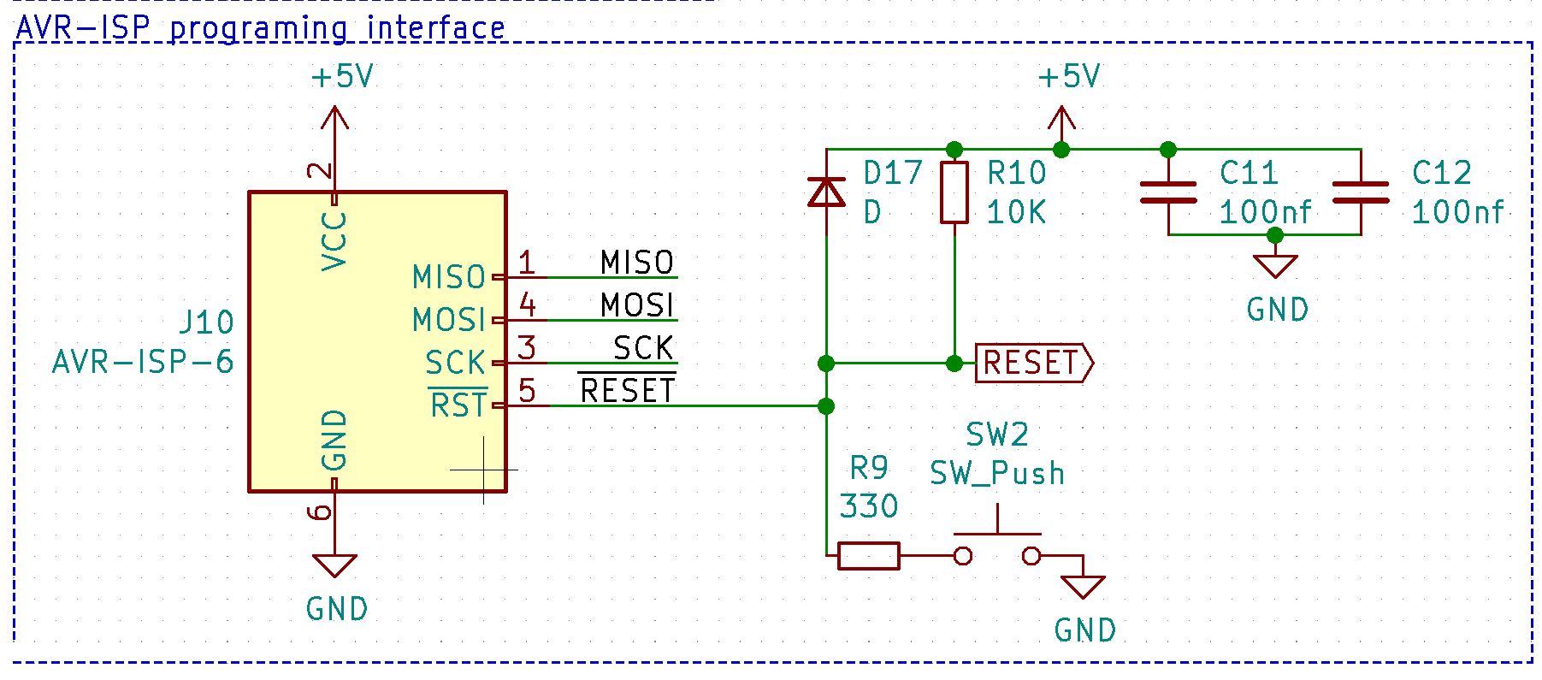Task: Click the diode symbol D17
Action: coord(826,192)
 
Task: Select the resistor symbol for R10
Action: coord(954,192)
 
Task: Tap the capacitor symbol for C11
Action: coord(1168,192)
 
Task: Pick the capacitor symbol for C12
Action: coord(1361,192)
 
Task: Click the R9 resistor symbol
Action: coord(869,556)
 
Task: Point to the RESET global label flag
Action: coord(1033,364)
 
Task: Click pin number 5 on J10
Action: coord(527,391)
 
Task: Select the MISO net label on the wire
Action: coord(636,263)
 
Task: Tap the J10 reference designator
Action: coord(206,322)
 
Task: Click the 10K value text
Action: coord(1016,212)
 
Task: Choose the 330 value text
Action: coord(869,506)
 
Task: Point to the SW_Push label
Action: coord(997,473)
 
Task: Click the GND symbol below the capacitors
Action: coord(1275,266)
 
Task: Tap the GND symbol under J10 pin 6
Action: coord(334,566)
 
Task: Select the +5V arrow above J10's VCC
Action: coord(334,120)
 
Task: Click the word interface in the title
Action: coord(435,28)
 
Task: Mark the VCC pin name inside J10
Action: coord(334,241)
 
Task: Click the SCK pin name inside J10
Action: coord(455,364)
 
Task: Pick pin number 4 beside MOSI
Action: coord(527,305)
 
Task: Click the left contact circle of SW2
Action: coord(963,556)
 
